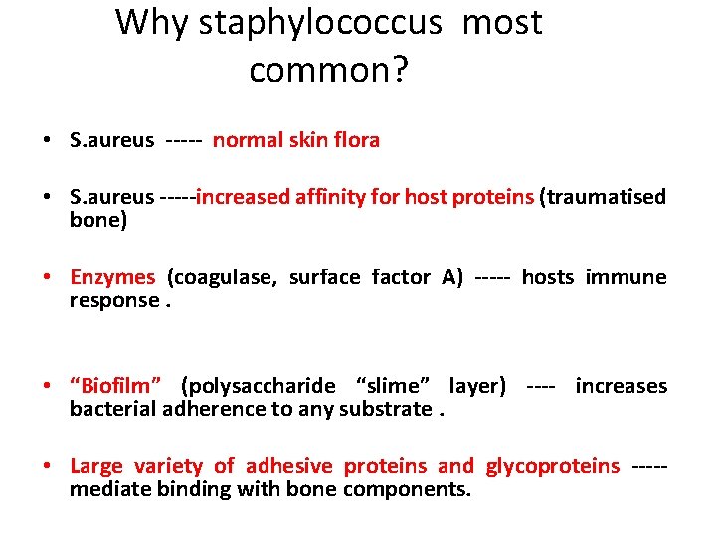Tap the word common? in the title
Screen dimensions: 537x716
329,70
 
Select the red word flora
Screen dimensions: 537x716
356,140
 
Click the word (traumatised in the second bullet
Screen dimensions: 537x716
603,197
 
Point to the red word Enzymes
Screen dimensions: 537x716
112,277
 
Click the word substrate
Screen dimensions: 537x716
385,409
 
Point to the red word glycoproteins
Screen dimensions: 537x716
553,466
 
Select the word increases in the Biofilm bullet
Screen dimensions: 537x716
622,386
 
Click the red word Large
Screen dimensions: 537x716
96,466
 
